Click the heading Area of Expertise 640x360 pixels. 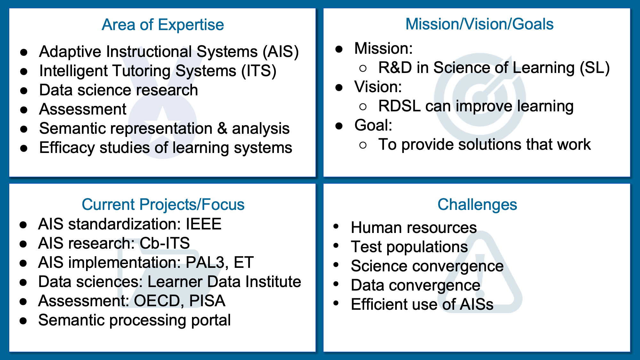coord(163,25)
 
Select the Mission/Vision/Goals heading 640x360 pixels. coord(479,24)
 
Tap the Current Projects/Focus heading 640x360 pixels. coord(163,205)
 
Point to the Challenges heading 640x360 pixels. coord(477,205)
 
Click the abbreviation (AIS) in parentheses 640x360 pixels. coord(281,52)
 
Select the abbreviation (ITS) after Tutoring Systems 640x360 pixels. coord(259,71)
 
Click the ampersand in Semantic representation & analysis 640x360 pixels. coord(222,128)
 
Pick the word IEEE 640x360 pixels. coord(204,224)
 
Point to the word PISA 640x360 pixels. coord(207,301)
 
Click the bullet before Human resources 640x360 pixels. coord(336,227)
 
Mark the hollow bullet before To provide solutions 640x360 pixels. coord(363,145)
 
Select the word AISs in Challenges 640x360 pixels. coord(476,304)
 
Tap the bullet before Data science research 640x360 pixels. coord(24,91)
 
